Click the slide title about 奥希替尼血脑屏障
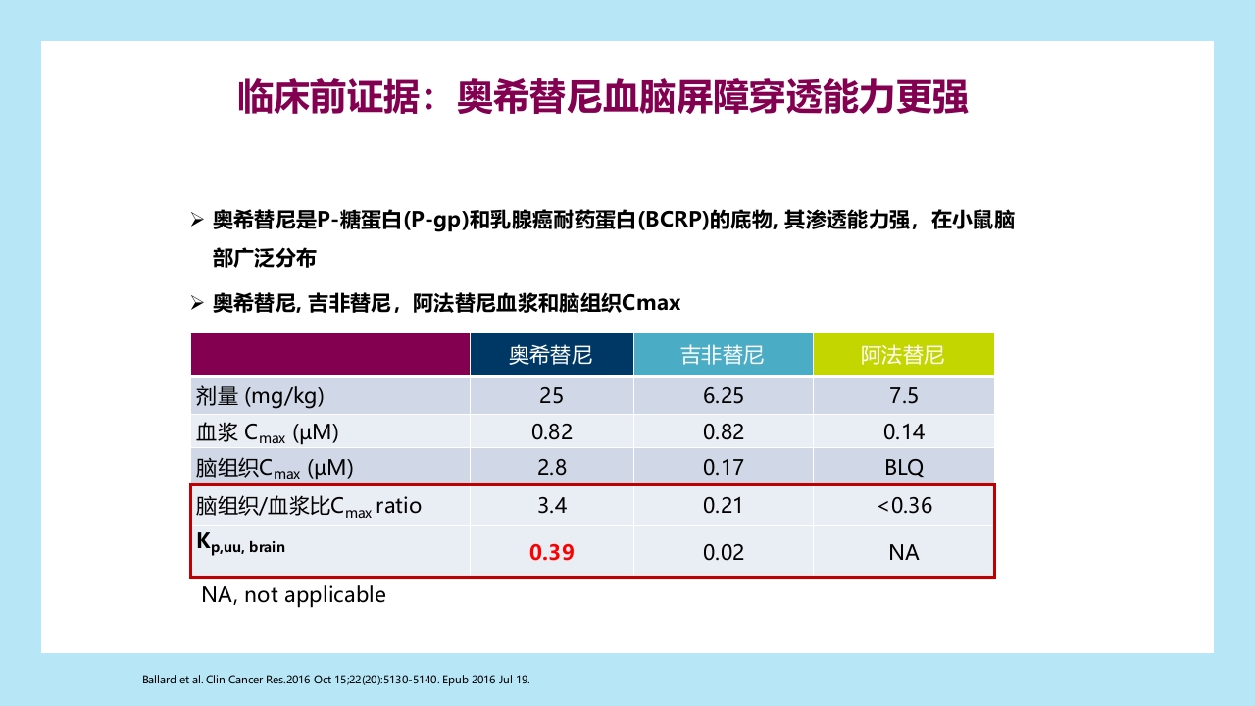pyautogui.click(x=603, y=98)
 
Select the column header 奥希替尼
pyautogui.click(x=551, y=355)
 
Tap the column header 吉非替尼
pyautogui.click(x=723, y=355)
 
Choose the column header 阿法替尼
pyautogui.click(x=903, y=355)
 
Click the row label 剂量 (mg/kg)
pyautogui.click(x=260, y=396)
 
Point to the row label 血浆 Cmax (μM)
pyautogui.click(x=268, y=432)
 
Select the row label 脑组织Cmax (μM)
pyautogui.click(x=275, y=468)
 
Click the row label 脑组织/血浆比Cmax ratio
pyautogui.click(x=308, y=506)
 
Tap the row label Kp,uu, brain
pyautogui.click(x=241, y=542)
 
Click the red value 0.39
pyautogui.click(x=551, y=553)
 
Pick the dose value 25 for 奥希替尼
pyautogui.click(x=551, y=396)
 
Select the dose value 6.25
pyautogui.click(x=723, y=396)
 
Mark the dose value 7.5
pyautogui.click(x=903, y=396)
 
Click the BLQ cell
pyautogui.click(x=903, y=468)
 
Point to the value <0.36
pyautogui.click(x=904, y=506)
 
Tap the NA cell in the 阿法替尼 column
pyautogui.click(x=903, y=553)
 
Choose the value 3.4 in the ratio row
pyautogui.click(x=551, y=506)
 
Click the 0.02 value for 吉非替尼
pyautogui.click(x=723, y=553)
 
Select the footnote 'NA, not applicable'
pyautogui.click(x=293, y=595)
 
